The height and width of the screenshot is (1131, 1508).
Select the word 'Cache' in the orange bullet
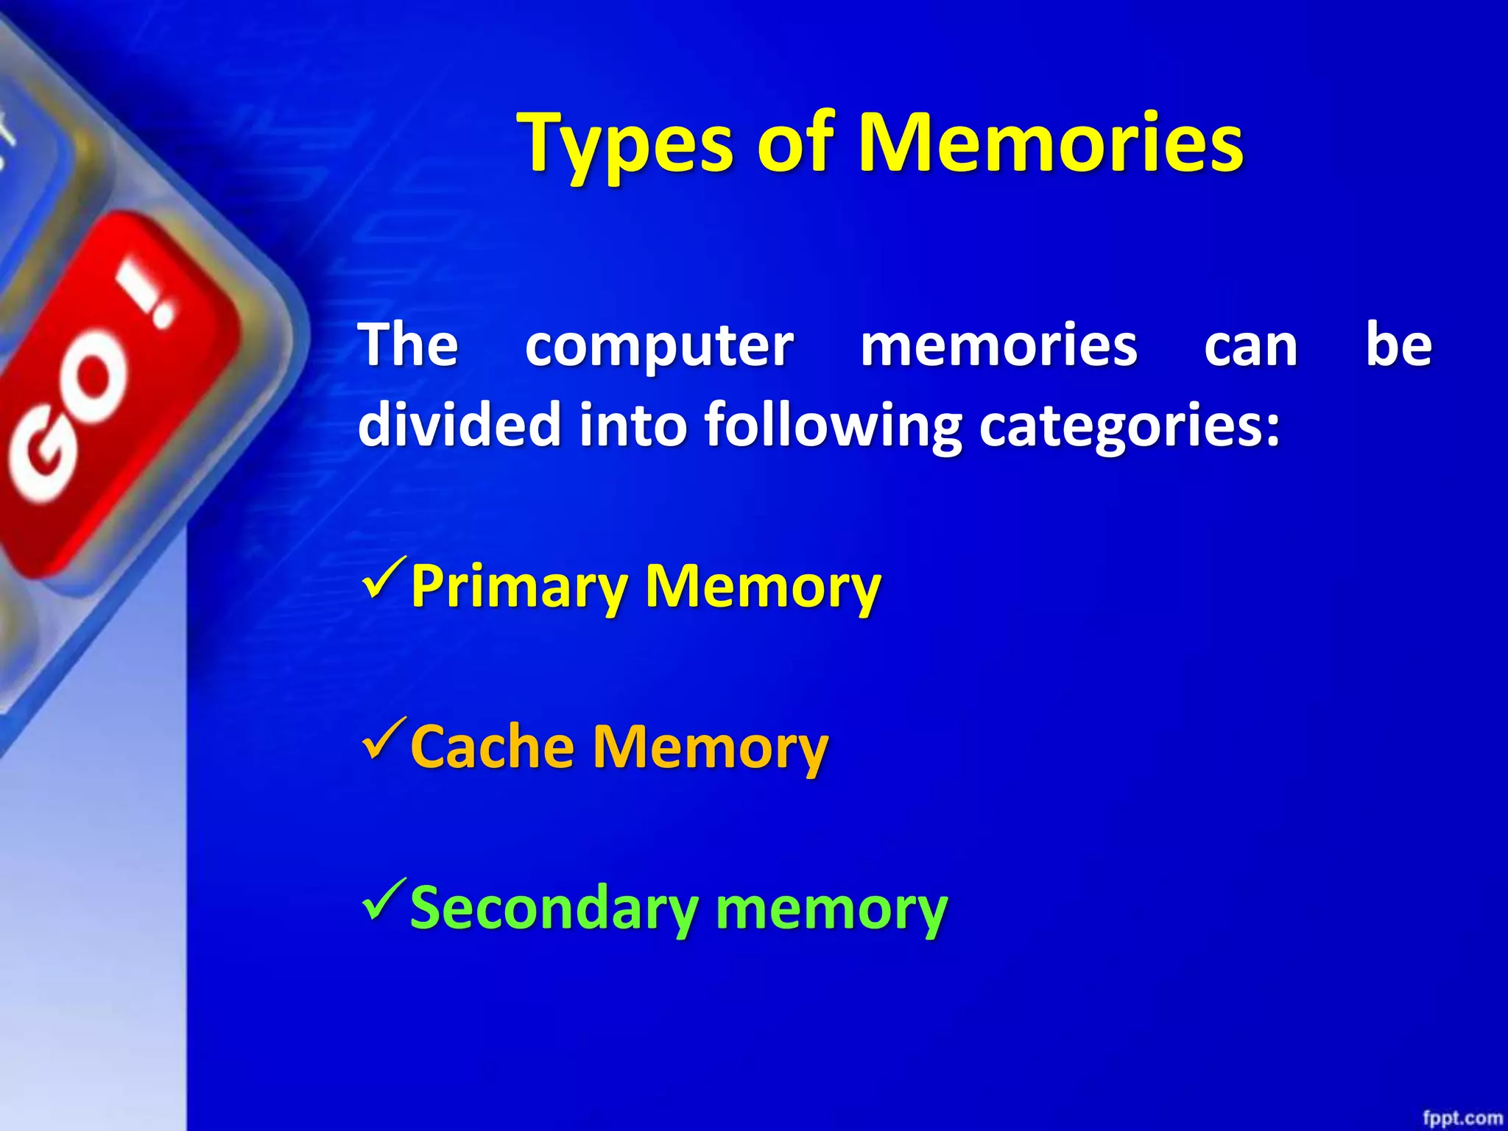pos(492,747)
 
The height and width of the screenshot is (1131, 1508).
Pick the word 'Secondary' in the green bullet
pos(552,909)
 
